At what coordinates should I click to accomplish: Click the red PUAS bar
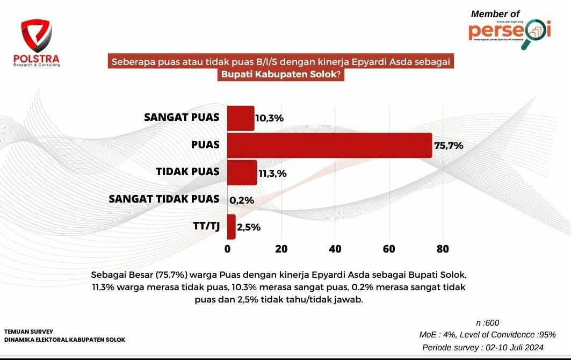pos(329,145)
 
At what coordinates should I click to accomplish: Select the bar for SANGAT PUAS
pos(241,118)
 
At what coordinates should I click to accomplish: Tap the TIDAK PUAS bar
pos(242,172)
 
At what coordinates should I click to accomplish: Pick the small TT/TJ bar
pos(232,227)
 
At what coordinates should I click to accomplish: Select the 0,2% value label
pos(242,200)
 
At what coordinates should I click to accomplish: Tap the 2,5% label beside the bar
pos(249,227)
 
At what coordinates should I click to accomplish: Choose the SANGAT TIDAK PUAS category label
pos(164,199)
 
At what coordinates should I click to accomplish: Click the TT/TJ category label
pos(206,226)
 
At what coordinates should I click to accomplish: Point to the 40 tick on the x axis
pos(335,249)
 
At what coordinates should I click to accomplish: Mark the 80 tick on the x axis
pos(443,249)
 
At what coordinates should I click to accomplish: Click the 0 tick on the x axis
pos(227,249)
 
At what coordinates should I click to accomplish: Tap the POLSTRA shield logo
pos(37,36)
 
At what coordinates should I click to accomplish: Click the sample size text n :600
pos(488,323)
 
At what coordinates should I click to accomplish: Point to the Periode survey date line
pos(483,347)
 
